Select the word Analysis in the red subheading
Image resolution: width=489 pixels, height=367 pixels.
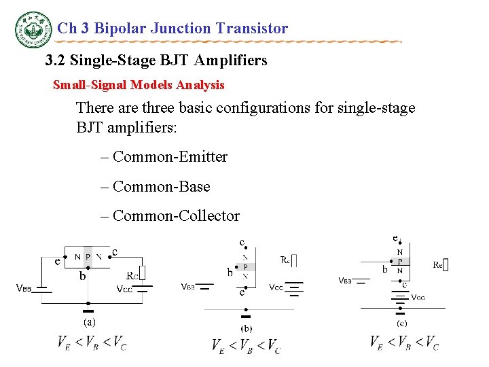pyautogui.click(x=200, y=85)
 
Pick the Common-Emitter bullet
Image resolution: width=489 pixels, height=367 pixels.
pyautogui.click(x=164, y=157)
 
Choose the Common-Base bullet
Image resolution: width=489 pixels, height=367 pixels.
pyautogui.click(x=155, y=186)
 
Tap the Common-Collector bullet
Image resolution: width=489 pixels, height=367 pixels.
pyautogui.click(x=170, y=216)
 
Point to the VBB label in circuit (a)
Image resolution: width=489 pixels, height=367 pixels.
pyautogui.click(x=24, y=288)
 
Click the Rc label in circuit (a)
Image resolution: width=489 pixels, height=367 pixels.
pyautogui.click(x=133, y=276)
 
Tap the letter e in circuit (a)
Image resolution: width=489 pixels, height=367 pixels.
pyautogui.click(x=58, y=260)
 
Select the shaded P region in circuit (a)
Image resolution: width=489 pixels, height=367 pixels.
pyautogui.click(x=88, y=256)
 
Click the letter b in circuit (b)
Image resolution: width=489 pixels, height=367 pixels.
pyautogui.click(x=230, y=273)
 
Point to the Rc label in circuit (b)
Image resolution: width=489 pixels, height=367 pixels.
pyautogui.click(x=285, y=260)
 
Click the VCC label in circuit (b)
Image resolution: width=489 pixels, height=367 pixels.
pyautogui.click(x=276, y=287)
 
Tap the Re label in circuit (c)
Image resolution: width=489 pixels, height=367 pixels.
pyautogui.click(x=438, y=265)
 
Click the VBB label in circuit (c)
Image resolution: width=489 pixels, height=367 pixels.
pyautogui.click(x=345, y=280)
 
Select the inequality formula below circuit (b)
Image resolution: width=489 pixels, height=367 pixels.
pyautogui.click(x=245, y=346)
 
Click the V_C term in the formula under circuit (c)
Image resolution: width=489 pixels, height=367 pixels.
pyautogui.click(x=431, y=343)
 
